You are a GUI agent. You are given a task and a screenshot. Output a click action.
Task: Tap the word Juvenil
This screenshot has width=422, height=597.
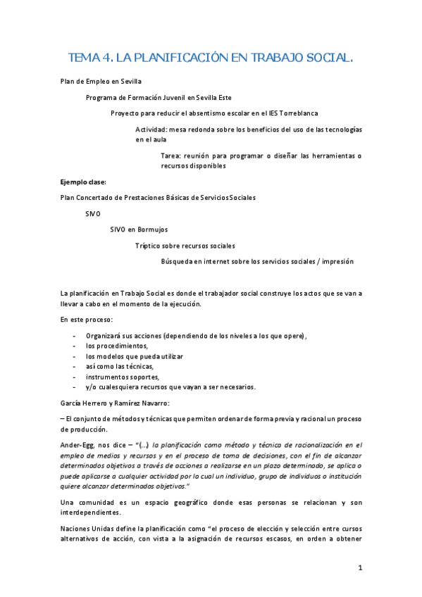coord(170,97)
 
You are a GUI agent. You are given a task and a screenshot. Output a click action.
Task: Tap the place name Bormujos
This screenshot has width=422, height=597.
coord(151,229)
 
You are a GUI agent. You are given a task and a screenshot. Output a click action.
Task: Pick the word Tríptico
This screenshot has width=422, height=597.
coord(151,245)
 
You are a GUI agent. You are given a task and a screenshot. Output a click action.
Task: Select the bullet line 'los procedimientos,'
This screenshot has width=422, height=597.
coord(118,346)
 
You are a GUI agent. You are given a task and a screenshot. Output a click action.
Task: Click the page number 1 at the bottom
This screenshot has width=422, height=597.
coord(359,568)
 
